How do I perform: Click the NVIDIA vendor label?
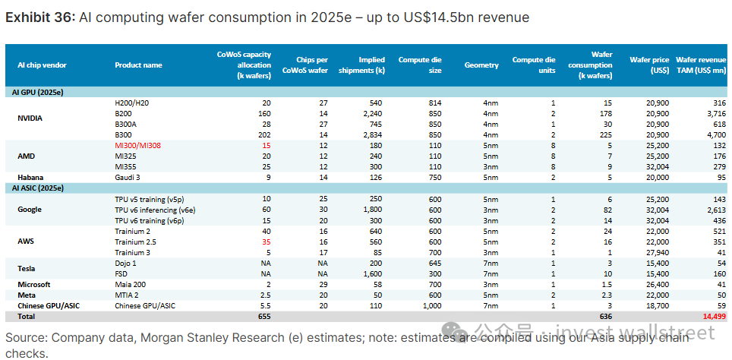point(30,118)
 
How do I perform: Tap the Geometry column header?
point(481,65)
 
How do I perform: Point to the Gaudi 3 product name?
point(128,176)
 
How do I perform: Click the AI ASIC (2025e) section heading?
point(37,187)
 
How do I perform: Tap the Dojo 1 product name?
point(126,262)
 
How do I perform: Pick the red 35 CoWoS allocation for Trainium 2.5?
point(266,241)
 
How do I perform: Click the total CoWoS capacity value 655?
point(264,315)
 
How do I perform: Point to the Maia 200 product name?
point(131,283)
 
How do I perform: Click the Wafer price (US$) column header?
point(649,65)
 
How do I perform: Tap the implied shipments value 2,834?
point(372,134)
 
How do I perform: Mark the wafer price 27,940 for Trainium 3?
point(654,251)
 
